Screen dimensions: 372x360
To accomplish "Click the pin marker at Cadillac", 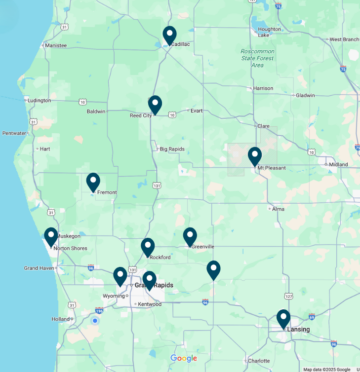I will pyautogui.click(x=169, y=35).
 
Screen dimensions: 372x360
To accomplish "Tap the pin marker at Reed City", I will pyautogui.click(x=155, y=105).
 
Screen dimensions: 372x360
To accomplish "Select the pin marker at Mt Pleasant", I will pyautogui.click(x=255, y=156).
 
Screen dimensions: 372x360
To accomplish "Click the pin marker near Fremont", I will pyautogui.click(x=93, y=182).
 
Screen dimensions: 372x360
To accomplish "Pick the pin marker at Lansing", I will pyautogui.click(x=283, y=318).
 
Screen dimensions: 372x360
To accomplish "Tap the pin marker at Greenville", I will pyautogui.click(x=190, y=236).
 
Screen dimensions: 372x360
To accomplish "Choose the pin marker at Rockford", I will pyautogui.click(x=148, y=247).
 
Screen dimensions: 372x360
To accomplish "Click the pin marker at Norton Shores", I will pyautogui.click(x=51, y=236).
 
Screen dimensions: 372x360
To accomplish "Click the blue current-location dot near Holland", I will pyautogui.click(x=95, y=321).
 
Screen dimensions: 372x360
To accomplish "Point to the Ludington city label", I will pyautogui.click(x=39, y=101).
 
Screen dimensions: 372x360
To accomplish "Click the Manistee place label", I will pyautogui.click(x=55, y=45).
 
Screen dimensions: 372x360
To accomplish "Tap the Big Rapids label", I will pyautogui.click(x=172, y=149).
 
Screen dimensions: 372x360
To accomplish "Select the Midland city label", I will pyautogui.click(x=338, y=164).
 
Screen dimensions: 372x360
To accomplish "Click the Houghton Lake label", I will pyautogui.click(x=270, y=32).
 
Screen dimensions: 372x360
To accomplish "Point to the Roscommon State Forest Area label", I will pyautogui.click(x=257, y=58).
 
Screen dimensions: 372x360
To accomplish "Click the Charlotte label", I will pyautogui.click(x=259, y=361).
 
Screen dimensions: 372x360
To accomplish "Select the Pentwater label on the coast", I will pyautogui.click(x=14, y=133).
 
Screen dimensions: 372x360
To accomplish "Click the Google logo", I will pyautogui.click(x=184, y=359).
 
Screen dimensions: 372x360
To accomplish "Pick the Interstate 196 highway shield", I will pyautogui.click(x=99, y=310).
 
